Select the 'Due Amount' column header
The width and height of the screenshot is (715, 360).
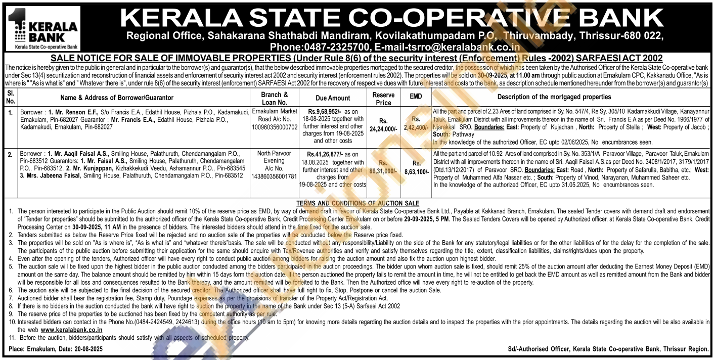coord(332,97)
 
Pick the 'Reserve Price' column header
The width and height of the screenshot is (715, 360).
coord(383,98)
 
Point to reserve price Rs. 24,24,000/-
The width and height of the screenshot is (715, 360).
coord(383,125)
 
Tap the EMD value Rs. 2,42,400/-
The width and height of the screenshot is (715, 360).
coord(416,125)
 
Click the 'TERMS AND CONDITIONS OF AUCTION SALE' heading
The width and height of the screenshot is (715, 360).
coord(358,203)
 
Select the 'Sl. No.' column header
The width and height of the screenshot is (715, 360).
coord(10,98)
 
